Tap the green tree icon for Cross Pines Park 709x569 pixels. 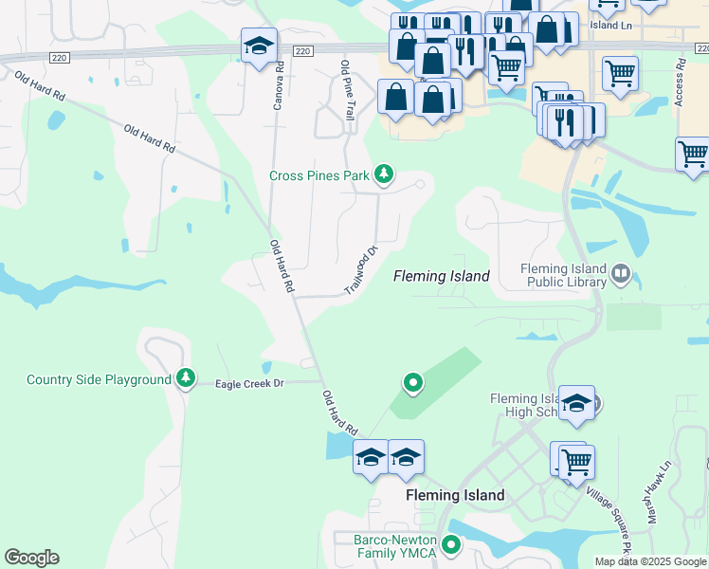click(x=384, y=174)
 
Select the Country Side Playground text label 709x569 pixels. click(x=99, y=380)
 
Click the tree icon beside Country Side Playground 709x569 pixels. click(x=186, y=379)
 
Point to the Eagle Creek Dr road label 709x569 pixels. click(x=250, y=383)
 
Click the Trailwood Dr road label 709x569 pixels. click(x=360, y=268)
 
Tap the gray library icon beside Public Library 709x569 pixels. click(x=621, y=275)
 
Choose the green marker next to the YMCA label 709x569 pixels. click(x=451, y=545)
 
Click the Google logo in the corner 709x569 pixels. click(x=31, y=558)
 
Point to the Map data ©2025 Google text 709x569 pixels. click(x=650, y=561)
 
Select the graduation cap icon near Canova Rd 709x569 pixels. click(x=259, y=46)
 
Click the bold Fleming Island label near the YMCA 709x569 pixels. click(x=455, y=495)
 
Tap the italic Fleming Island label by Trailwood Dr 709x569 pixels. click(x=442, y=276)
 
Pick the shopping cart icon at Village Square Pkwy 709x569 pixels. click(x=576, y=462)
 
